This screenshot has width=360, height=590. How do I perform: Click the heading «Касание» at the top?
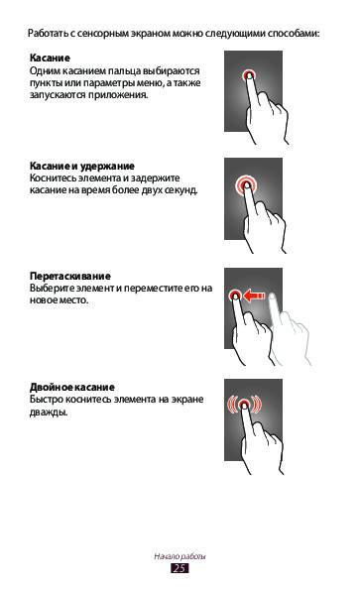point(50,58)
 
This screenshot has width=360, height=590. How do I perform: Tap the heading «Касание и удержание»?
point(82,166)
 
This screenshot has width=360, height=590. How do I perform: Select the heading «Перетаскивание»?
point(70,277)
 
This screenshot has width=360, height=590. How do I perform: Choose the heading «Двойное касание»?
point(72,387)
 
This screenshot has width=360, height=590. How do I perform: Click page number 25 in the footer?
point(180,568)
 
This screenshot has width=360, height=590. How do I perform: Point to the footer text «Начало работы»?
point(180,556)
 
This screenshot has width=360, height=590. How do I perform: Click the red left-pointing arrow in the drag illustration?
point(254,295)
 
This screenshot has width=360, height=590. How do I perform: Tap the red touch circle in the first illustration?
point(248,75)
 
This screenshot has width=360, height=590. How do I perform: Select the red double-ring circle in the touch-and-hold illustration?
point(246,184)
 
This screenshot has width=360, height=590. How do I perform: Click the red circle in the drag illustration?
point(235,295)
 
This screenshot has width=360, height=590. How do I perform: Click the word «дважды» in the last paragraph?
point(49,413)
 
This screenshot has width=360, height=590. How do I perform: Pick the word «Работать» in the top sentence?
point(48,33)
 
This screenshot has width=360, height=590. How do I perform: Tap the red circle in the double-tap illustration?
point(244,405)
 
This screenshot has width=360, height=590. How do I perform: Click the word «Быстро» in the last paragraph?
point(47,400)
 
